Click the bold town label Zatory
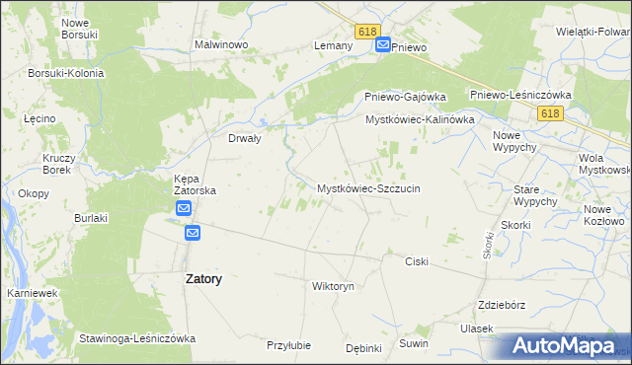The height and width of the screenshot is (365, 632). coord(203,279)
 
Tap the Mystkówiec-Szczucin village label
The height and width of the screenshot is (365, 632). coord(368,187)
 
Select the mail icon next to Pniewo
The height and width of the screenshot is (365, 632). coord(382,45)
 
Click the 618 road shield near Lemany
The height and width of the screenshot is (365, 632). coord(368,33)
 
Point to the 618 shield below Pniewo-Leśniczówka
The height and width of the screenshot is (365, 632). coord(551,114)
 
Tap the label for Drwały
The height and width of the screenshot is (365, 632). coord(244,139)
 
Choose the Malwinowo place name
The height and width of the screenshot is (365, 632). coord(220,44)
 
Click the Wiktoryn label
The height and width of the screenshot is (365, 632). coord(332,286)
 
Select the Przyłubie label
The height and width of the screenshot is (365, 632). coord(289,345)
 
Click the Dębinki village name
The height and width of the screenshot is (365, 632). coord(363,348)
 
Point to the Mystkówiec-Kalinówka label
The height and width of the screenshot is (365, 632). coord(420,119)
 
